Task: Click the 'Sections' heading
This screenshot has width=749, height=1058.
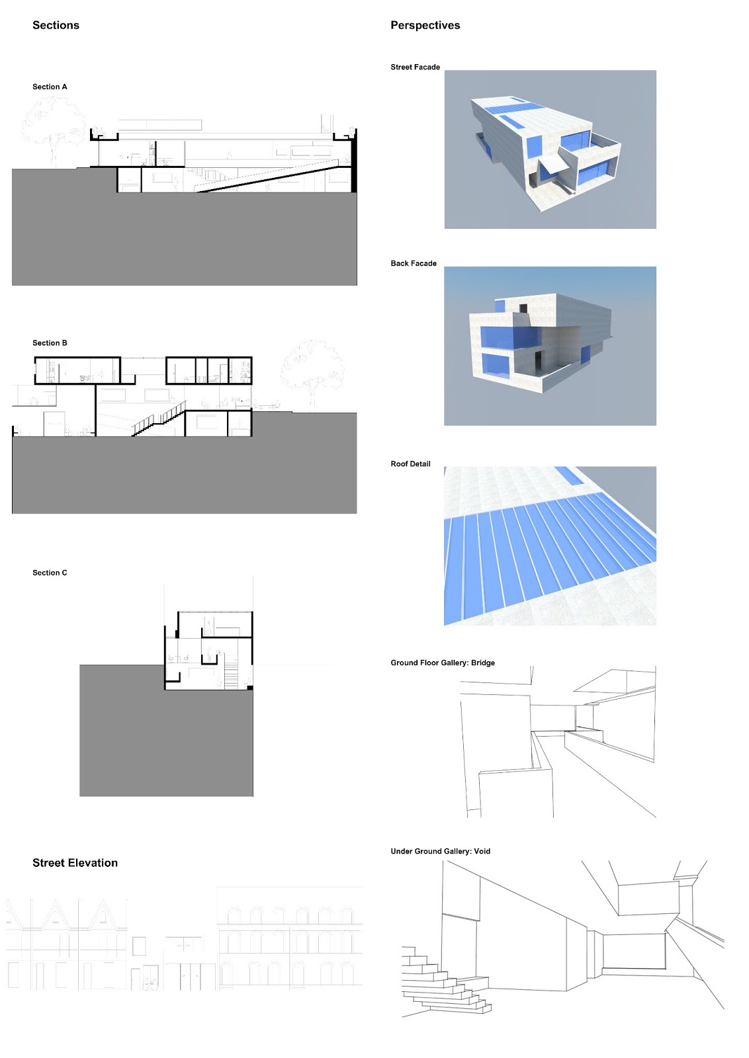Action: pyautogui.click(x=56, y=25)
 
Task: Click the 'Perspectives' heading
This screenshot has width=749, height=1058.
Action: pyautogui.click(x=425, y=25)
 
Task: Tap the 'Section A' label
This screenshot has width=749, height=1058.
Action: pyautogui.click(x=50, y=87)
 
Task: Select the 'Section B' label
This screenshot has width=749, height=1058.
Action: pyautogui.click(x=50, y=343)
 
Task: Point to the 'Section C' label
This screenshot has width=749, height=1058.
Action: pyautogui.click(x=50, y=573)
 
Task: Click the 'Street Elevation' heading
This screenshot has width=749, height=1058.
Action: pyautogui.click(x=75, y=862)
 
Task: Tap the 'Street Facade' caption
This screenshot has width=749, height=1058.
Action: pyautogui.click(x=415, y=67)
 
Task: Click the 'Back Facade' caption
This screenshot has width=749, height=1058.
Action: pyautogui.click(x=414, y=263)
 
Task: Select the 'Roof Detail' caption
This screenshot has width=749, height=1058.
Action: pyautogui.click(x=410, y=464)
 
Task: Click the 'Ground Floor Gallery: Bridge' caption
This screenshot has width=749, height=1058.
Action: pyautogui.click(x=442, y=663)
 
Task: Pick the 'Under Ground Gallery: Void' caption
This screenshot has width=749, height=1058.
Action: pyautogui.click(x=440, y=851)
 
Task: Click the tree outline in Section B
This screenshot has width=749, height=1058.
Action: pyautogui.click(x=312, y=370)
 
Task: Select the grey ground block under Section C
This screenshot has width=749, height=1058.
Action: pyautogui.click(x=165, y=741)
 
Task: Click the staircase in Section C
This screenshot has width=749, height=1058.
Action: pyautogui.click(x=230, y=676)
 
